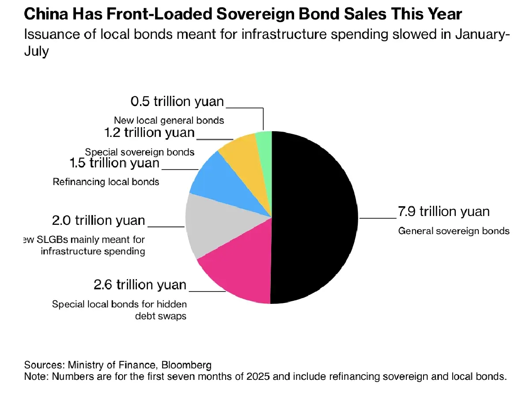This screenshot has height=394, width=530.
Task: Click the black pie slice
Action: (314, 216)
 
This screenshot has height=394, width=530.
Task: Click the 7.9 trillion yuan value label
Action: (443, 212)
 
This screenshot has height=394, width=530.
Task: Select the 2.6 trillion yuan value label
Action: (140, 285)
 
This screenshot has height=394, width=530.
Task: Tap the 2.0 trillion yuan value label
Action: (98, 220)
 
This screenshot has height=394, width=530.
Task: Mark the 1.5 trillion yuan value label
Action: (115, 163)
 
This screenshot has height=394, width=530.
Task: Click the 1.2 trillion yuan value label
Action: (149, 133)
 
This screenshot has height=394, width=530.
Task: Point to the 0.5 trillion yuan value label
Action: (177, 102)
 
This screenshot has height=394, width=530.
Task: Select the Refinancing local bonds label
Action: (106, 182)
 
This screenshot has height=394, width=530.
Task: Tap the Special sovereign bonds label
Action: (140, 152)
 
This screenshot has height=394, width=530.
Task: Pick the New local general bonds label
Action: (169, 120)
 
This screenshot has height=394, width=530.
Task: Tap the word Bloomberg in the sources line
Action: (186, 365)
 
